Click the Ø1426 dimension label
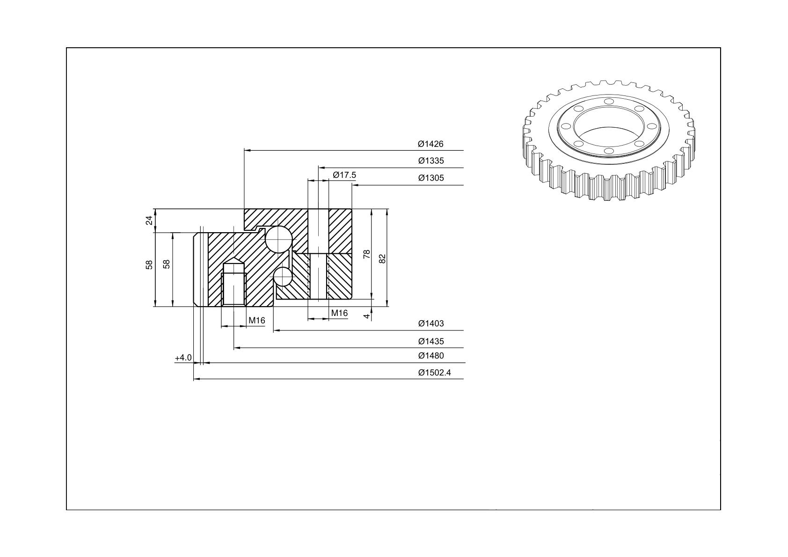click(x=430, y=144)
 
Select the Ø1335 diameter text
click(x=431, y=161)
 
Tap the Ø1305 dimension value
click(x=431, y=178)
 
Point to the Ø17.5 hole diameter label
click(x=344, y=175)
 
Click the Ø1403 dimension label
click(x=431, y=323)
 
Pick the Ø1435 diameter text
click(x=431, y=341)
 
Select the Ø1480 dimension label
click(x=431, y=356)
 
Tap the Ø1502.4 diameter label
click(x=434, y=373)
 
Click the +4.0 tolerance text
click(x=183, y=358)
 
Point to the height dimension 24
click(x=150, y=220)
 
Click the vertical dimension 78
click(x=366, y=254)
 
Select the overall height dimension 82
click(x=382, y=259)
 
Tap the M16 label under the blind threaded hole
click(x=257, y=321)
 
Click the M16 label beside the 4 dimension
click(x=339, y=313)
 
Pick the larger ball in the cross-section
click(x=278, y=239)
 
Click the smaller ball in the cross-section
click(x=283, y=277)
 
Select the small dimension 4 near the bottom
click(x=366, y=316)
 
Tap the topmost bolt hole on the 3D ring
click(x=609, y=102)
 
